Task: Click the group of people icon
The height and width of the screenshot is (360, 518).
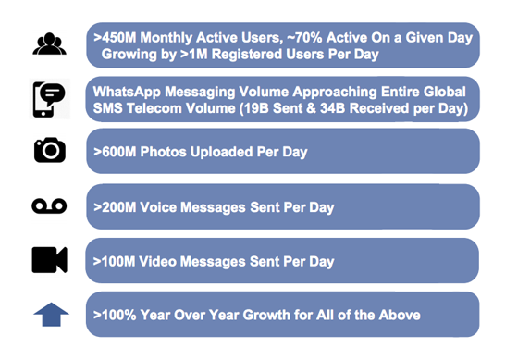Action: point(48,43)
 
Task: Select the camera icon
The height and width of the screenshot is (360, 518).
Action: point(49,150)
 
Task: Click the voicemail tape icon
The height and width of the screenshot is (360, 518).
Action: point(49,205)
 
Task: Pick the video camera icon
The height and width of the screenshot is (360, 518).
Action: point(49,260)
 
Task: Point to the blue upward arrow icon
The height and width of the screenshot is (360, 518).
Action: point(51,314)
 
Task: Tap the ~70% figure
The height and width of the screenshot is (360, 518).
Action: point(329,37)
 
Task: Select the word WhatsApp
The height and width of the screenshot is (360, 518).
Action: point(129,92)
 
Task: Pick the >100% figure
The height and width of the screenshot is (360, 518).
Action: point(116,315)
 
